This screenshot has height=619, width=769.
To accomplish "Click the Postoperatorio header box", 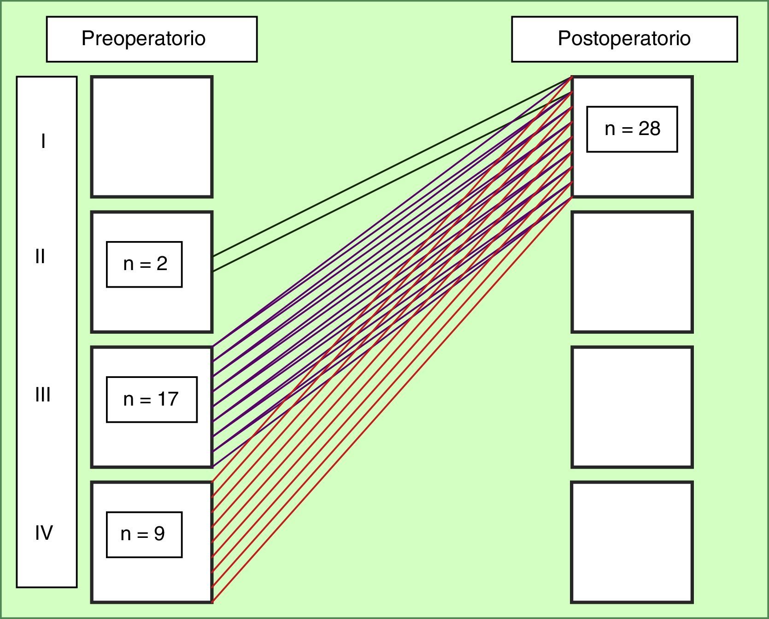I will coord(624,39).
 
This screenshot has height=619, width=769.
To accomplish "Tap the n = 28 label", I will coord(632,129).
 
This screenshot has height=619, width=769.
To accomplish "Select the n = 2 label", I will coord(144,264).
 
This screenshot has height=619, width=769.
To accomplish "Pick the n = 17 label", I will coord(152,399).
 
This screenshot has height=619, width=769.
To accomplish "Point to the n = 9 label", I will coord(144,534).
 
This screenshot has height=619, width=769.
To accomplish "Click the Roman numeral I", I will coord(43,141).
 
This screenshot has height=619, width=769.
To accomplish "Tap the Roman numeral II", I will coord(40,257).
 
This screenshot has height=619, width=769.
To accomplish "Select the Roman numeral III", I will coord(43,395).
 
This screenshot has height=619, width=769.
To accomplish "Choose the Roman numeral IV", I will coord(44,533).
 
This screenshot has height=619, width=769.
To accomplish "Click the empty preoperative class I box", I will coord(152,137).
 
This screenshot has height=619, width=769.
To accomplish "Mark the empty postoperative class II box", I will coord(632,272).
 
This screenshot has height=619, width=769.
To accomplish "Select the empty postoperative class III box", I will coord(632,407).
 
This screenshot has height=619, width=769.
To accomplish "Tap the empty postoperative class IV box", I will coord(632,542).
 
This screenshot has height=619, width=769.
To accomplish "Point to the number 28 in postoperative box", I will coord(650,129).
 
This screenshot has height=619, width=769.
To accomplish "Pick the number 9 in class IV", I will coord(159,534).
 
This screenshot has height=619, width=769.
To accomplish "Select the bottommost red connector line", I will coord(392,400).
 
